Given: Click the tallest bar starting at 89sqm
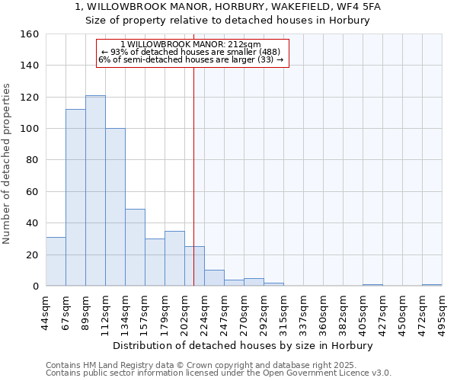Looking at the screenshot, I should [95, 190].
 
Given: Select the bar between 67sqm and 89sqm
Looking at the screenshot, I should [75, 197].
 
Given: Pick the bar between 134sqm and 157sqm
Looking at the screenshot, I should [135, 248].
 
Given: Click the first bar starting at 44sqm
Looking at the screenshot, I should [56, 261].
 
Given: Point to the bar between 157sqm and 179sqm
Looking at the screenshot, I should [155, 262].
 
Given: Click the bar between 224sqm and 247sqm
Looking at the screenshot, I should [214, 278].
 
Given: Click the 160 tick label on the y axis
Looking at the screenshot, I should [29, 34].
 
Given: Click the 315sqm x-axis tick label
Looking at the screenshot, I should [283, 311].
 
